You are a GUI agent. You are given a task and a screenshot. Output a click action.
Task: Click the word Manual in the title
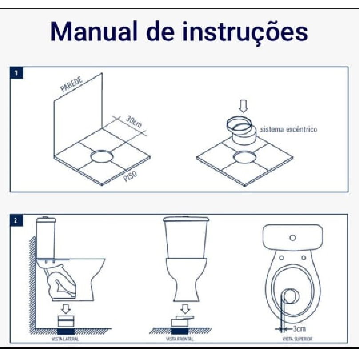pyautogui.click(x=94, y=32)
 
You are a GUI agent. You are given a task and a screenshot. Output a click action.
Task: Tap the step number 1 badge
pyautogui.click(x=16, y=73)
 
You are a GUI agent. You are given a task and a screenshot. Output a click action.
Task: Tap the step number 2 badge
pyautogui.click(x=16, y=220)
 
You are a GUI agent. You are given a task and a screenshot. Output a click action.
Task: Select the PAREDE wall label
pyautogui.click(x=72, y=85)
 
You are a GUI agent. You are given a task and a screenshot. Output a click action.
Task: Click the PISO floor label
pyautogui.click(x=130, y=176)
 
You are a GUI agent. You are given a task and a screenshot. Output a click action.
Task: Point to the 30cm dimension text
pyautogui.click(x=134, y=121)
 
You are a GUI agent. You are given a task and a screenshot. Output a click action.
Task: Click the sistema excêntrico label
pyautogui.click(x=289, y=129)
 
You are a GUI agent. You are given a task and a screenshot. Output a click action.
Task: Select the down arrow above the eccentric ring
pyautogui.click(x=243, y=107)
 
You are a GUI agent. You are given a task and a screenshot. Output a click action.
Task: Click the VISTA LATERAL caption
pyautogui.click(x=65, y=339)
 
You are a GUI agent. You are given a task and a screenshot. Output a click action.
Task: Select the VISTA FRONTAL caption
pyautogui.click(x=180, y=339)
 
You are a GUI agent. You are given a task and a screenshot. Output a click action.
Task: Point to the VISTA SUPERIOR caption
pyautogui.click(x=297, y=339)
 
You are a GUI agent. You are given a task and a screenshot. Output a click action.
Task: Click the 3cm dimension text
pyautogui.click(x=300, y=329)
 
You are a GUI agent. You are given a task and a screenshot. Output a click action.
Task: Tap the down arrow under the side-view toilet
pyautogui.click(x=66, y=309)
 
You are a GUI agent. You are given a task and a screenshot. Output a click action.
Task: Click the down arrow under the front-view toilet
pyautogui.click(x=185, y=309)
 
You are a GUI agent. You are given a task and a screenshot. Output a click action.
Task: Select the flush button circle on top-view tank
pyautogui.click(x=292, y=238)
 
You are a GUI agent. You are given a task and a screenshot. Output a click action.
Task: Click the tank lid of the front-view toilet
pyautogui.click(x=186, y=219)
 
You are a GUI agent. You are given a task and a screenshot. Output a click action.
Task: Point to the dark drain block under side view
pyautogui.click(x=66, y=331)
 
